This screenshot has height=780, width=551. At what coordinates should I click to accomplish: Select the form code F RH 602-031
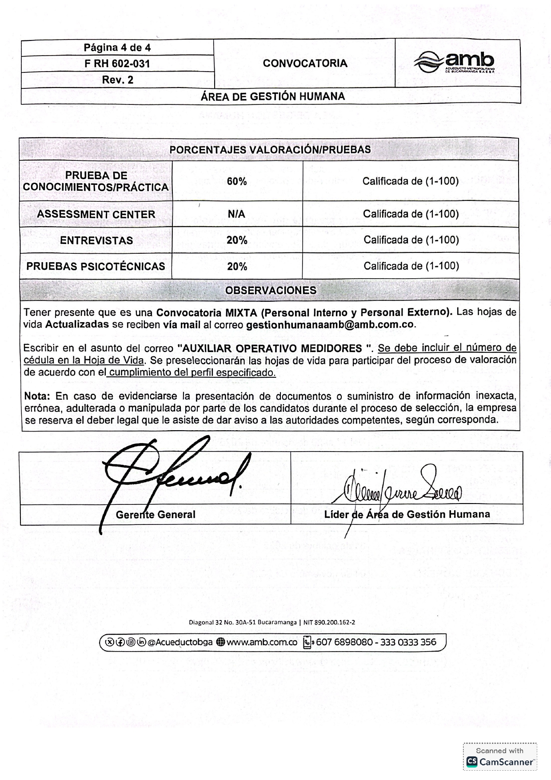(117, 64)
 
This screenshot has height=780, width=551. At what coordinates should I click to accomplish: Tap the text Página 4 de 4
(117, 48)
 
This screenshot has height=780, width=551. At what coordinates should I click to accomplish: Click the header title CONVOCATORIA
(305, 63)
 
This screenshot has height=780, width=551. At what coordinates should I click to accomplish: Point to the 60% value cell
(237, 181)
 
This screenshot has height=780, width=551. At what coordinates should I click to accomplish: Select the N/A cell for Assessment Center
(236, 214)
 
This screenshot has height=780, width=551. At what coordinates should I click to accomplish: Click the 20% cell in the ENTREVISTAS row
(237, 240)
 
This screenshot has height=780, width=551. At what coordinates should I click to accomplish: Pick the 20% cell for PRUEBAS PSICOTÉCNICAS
(237, 267)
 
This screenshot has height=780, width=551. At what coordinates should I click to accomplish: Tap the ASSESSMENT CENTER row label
(96, 214)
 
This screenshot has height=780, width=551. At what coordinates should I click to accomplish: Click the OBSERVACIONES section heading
(271, 290)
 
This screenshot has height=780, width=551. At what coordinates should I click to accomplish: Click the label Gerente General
(156, 515)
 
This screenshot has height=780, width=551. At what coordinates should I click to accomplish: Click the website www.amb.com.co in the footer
(262, 642)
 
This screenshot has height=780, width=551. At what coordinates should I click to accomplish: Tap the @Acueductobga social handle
(180, 642)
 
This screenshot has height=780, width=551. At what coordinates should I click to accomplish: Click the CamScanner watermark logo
(500, 762)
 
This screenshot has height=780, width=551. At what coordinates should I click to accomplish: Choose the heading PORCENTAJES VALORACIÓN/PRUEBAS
(270, 150)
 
